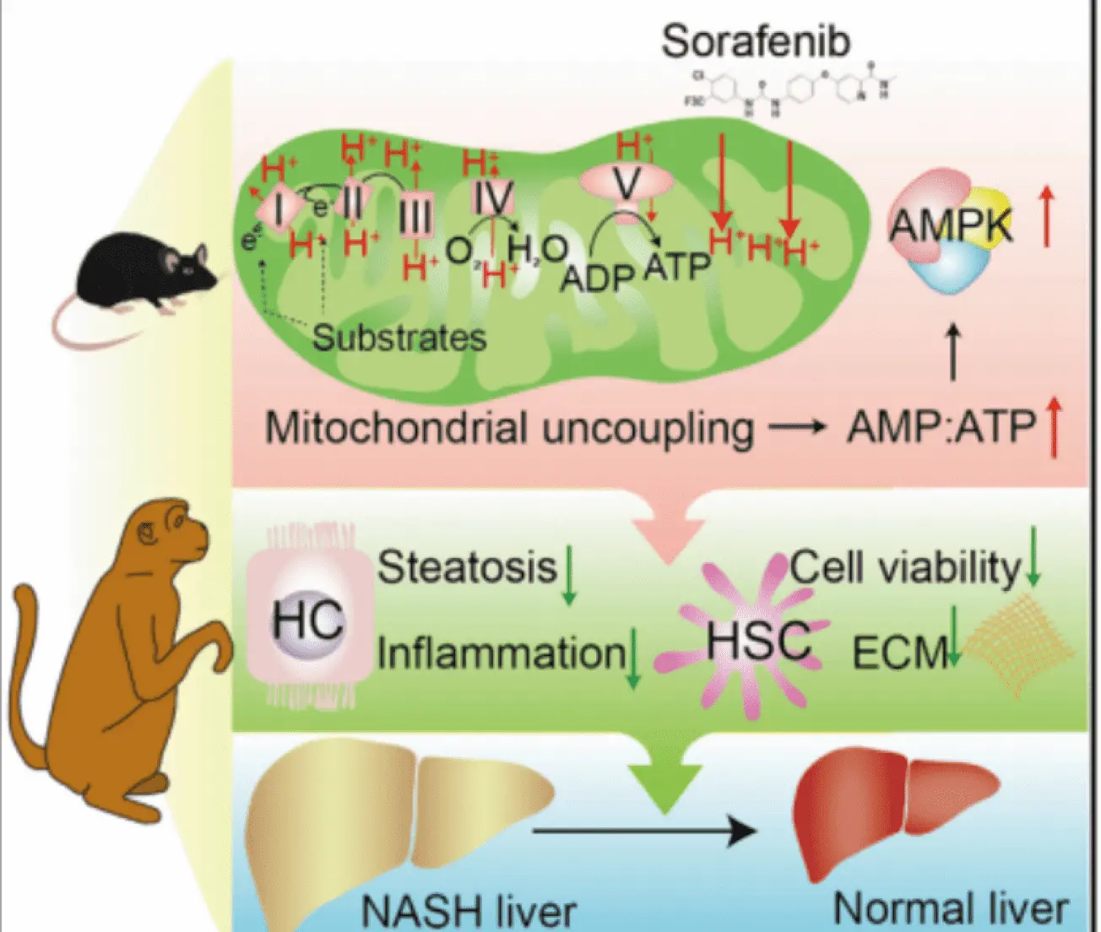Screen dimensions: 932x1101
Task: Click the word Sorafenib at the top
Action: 755,41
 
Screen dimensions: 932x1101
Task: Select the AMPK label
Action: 951,225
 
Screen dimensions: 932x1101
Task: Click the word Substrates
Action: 399,338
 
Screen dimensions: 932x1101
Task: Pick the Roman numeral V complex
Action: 626,182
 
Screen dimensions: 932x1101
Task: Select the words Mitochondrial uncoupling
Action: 509,428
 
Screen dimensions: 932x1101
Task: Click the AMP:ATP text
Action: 941,427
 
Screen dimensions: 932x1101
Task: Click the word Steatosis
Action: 467,566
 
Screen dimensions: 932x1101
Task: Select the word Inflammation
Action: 502,653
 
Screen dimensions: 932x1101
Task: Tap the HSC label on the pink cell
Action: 758,641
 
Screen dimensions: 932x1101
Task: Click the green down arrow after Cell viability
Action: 1033,558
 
